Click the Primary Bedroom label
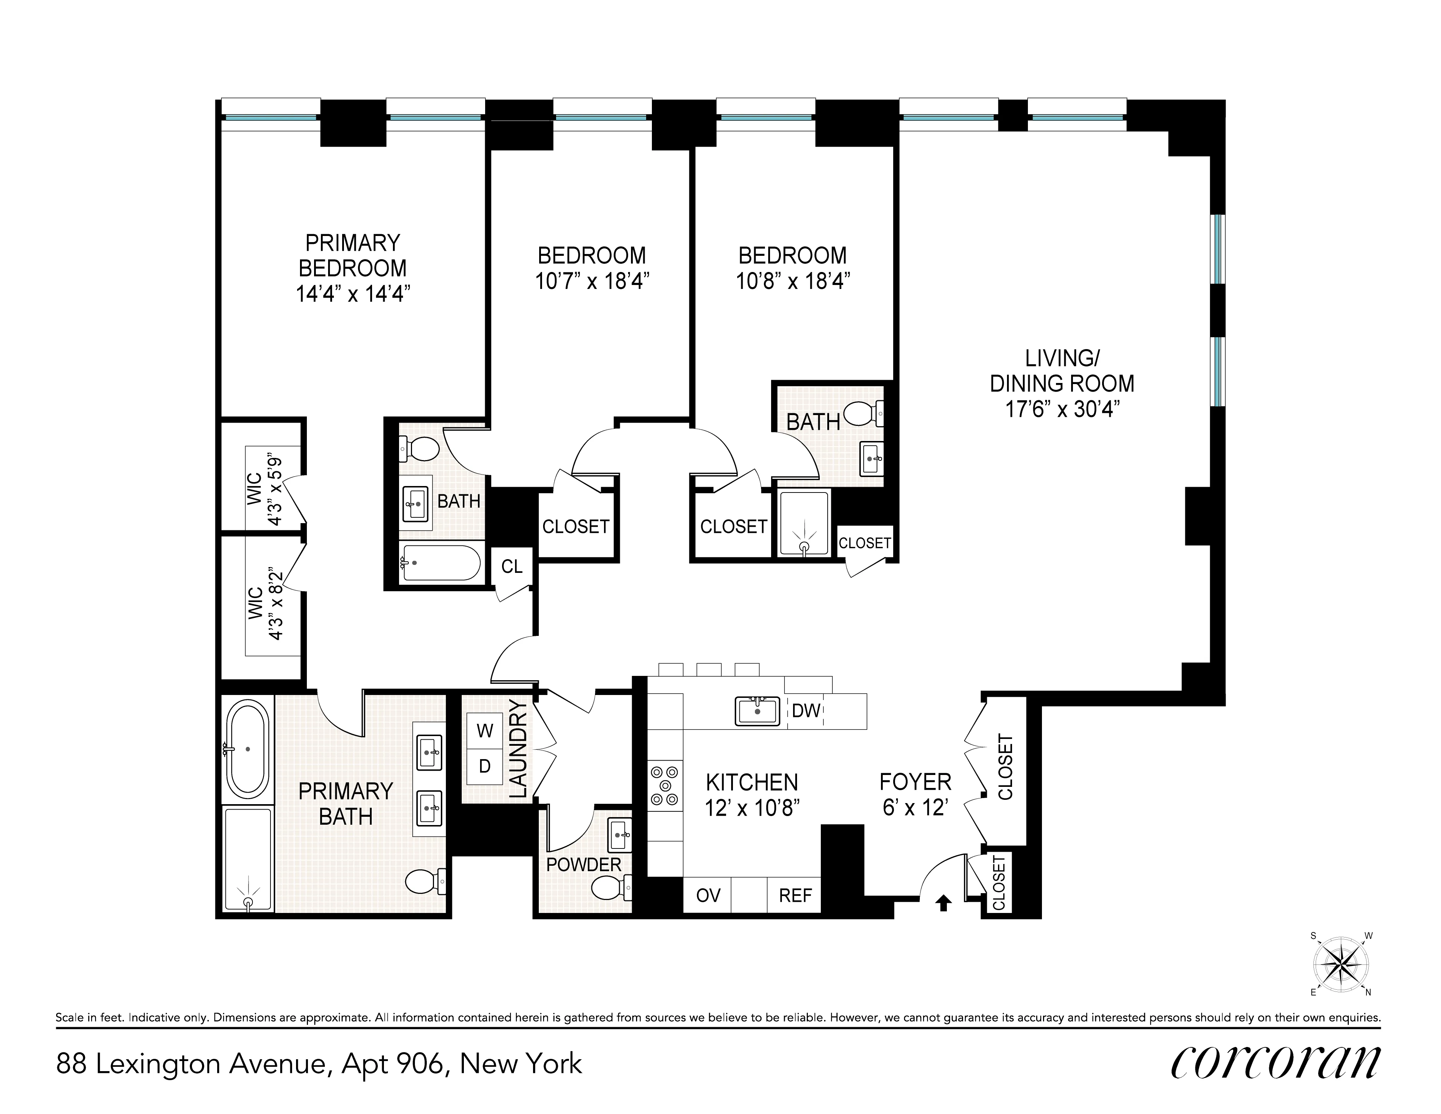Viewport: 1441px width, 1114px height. (353, 256)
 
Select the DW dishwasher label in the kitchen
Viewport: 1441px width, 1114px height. (806, 711)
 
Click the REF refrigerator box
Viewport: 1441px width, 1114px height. (795, 896)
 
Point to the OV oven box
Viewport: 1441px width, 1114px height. (708, 896)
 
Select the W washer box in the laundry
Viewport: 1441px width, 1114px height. (485, 731)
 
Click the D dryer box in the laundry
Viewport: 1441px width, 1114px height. (485, 766)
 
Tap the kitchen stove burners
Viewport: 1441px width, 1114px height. (664, 785)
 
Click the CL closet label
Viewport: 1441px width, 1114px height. (512, 566)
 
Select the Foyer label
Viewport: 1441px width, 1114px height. (915, 782)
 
